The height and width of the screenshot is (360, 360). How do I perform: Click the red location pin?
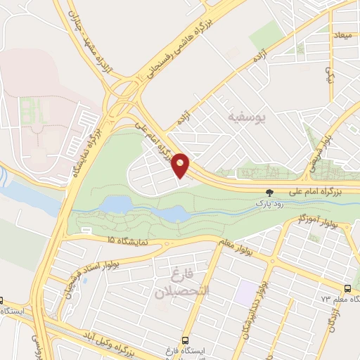[181, 165]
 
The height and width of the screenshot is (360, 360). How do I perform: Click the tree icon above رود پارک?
[270, 192]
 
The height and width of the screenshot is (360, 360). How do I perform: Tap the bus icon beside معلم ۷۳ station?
[347, 288]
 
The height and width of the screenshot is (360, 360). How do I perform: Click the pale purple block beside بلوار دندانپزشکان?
[247, 292]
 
